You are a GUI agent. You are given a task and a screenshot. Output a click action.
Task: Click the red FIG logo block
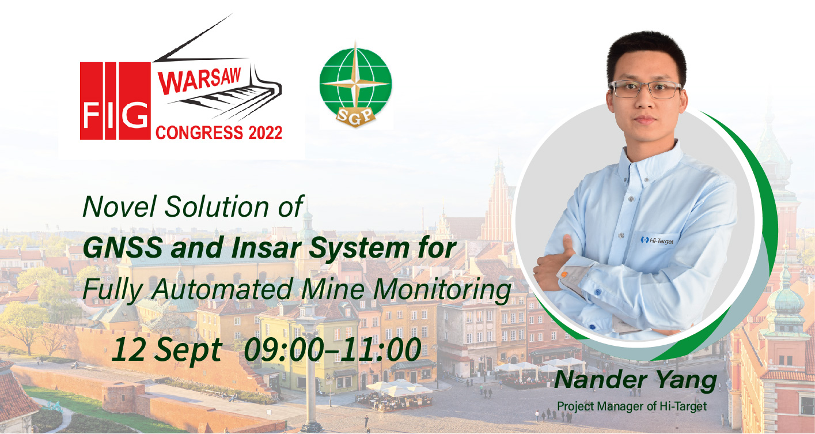pyautogui.click(x=115, y=101)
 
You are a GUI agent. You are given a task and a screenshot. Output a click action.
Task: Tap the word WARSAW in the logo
pyautogui.click(x=199, y=81)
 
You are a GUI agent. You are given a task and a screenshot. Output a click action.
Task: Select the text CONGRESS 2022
pyautogui.click(x=219, y=133)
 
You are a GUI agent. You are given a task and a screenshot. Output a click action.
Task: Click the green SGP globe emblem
pyautogui.click(x=355, y=85)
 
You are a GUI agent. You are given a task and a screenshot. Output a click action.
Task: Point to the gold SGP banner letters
pyautogui.click(x=355, y=116)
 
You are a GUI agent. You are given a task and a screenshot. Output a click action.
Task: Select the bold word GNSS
pyautogui.click(x=123, y=248)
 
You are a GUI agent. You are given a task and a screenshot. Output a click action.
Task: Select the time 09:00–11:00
pyautogui.click(x=332, y=349)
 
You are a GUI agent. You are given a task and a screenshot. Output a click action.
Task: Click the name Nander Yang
pyautogui.click(x=635, y=380)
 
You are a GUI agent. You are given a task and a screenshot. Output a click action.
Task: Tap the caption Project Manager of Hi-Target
pyautogui.click(x=632, y=406)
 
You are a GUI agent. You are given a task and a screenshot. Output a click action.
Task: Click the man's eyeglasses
pyautogui.click(x=645, y=89)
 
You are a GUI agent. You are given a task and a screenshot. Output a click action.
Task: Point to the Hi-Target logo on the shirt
pyautogui.click(x=657, y=240)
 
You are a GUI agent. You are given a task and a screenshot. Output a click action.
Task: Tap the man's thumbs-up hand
pyautogui.click(x=553, y=263)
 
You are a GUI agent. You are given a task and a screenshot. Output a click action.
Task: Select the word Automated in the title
pyautogui.click(x=222, y=289)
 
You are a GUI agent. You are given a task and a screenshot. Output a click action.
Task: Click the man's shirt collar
pyautogui.click(x=651, y=160)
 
